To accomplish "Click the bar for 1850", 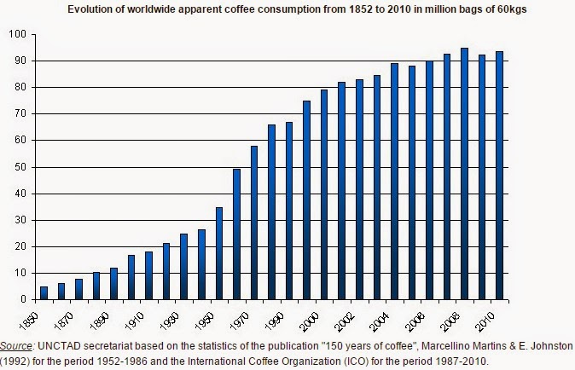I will pos(44,292).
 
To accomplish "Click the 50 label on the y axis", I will pos(20,167).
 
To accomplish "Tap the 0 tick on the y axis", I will pos(23,299).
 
